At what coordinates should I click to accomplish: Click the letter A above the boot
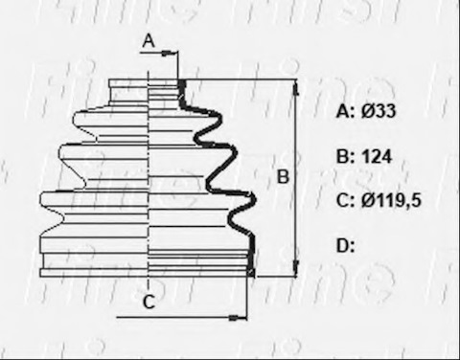(x=149, y=41)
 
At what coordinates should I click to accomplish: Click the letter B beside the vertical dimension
(x=283, y=177)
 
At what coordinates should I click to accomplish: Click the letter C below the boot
(x=149, y=302)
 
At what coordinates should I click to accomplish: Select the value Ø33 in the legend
(x=379, y=111)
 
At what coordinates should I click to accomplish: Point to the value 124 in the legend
(x=377, y=157)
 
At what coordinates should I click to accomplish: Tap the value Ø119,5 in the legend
(x=391, y=201)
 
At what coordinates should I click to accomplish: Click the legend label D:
(x=346, y=246)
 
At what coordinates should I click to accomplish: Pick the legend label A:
(x=346, y=111)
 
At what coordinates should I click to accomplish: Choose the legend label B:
(x=345, y=157)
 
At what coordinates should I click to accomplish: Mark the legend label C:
(x=345, y=201)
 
